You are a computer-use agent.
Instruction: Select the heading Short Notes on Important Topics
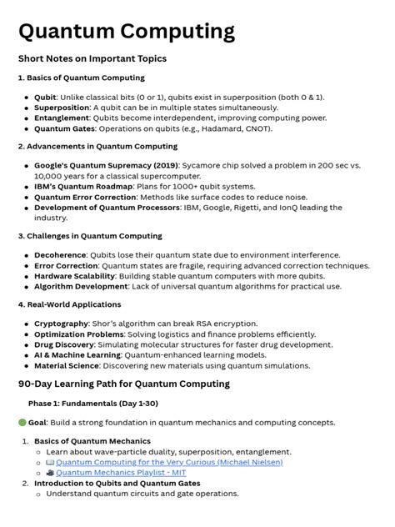point(92,59)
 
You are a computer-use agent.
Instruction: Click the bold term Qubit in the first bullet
point(45,98)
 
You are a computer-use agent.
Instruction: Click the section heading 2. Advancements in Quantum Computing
point(97,146)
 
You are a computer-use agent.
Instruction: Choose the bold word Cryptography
point(62,324)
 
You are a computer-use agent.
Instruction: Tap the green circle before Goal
point(22,424)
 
